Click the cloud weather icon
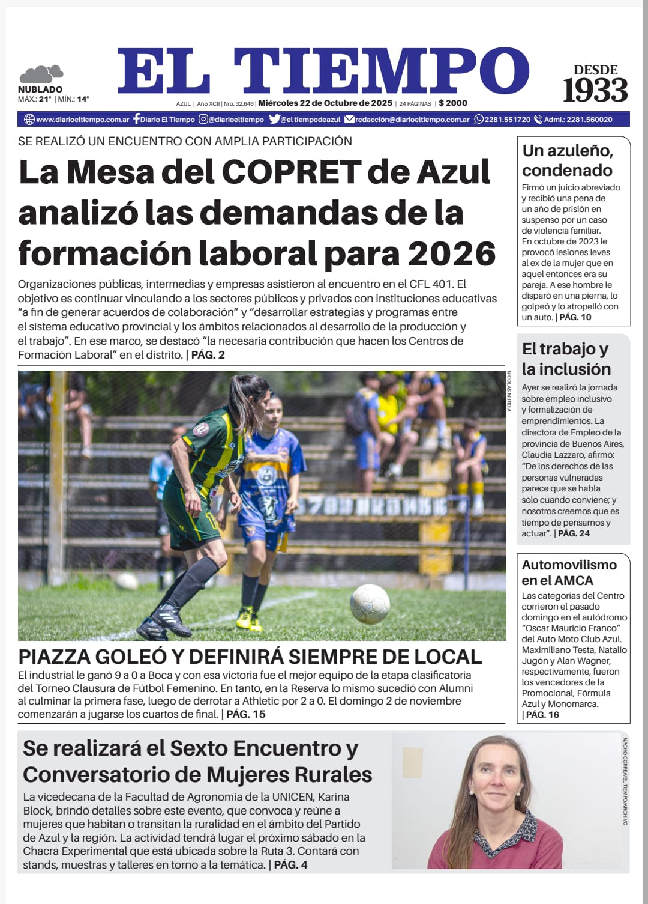click(41, 74)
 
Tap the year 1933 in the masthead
click(595, 90)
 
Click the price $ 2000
click(453, 103)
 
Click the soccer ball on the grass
click(370, 603)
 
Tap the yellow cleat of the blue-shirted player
click(246, 618)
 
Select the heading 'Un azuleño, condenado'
click(567, 160)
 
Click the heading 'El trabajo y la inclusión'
click(566, 359)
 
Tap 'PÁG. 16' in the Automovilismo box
click(542, 714)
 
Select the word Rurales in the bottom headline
click(333, 774)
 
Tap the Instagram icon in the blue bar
click(203, 119)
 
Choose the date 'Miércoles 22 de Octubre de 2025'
click(325, 103)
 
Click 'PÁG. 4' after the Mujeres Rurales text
click(291, 864)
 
